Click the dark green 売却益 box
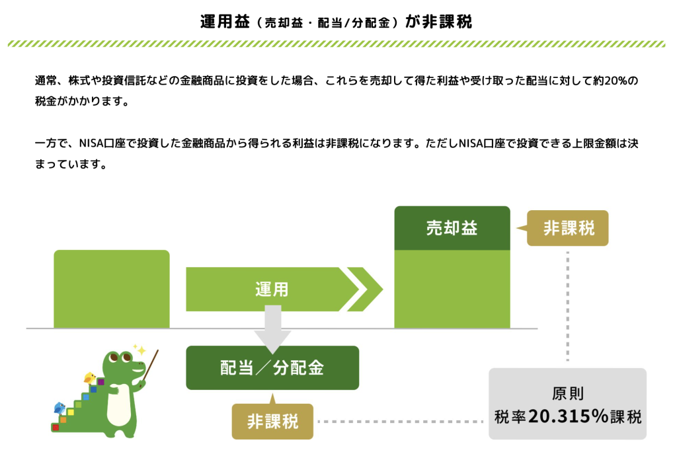pyautogui.click(x=452, y=228)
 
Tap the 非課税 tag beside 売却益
pyautogui.click(x=567, y=228)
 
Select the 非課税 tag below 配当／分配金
pyautogui.click(x=272, y=420)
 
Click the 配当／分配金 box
pyautogui.click(x=272, y=367)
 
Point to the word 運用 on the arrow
pyautogui.click(x=272, y=289)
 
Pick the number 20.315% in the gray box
pyautogui.click(x=568, y=416)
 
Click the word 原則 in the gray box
pyautogui.click(x=568, y=393)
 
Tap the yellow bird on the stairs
pyautogui.click(x=90, y=378)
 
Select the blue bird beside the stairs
pyautogui.click(x=59, y=408)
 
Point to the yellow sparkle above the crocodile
pyautogui.click(x=139, y=349)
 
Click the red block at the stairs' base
pyautogui.click(x=56, y=427)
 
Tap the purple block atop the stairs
pyautogui.click(x=101, y=382)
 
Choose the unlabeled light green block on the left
pyautogui.click(x=112, y=289)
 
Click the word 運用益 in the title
pyautogui.click(x=225, y=21)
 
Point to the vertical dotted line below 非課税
pyautogui.click(x=568, y=305)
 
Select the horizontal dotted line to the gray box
pyautogui.click(x=400, y=421)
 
